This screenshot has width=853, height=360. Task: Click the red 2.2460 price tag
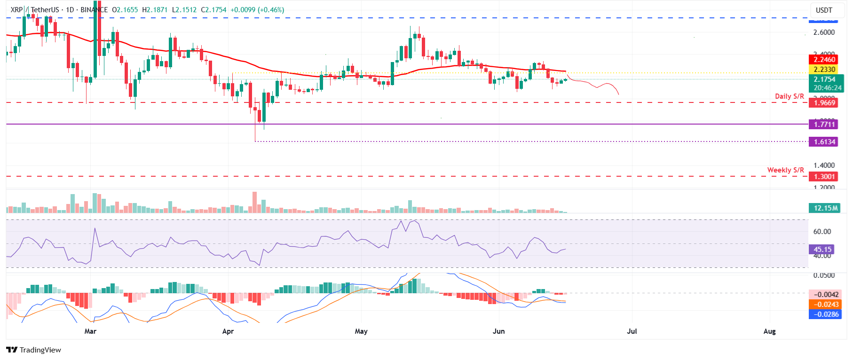(x=824, y=60)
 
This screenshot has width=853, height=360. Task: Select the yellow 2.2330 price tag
(x=824, y=70)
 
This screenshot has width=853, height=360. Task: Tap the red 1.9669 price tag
(x=824, y=103)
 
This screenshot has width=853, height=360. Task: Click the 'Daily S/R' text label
(x=789, y=96)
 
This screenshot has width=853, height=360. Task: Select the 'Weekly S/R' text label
(x=785, y=170)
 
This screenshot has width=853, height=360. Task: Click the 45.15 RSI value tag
(x=822, y=250)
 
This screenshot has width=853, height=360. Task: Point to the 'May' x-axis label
(x=361, y=331)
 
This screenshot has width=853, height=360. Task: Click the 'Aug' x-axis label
(x=769, y=331)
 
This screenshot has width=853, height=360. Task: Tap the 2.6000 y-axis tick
(x=824, y=32)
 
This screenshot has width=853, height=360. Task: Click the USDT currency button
(x=824, y=10)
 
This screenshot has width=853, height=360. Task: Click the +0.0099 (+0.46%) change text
(x=257, y=10)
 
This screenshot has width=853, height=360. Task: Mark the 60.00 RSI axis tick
(x=822, y=232)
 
